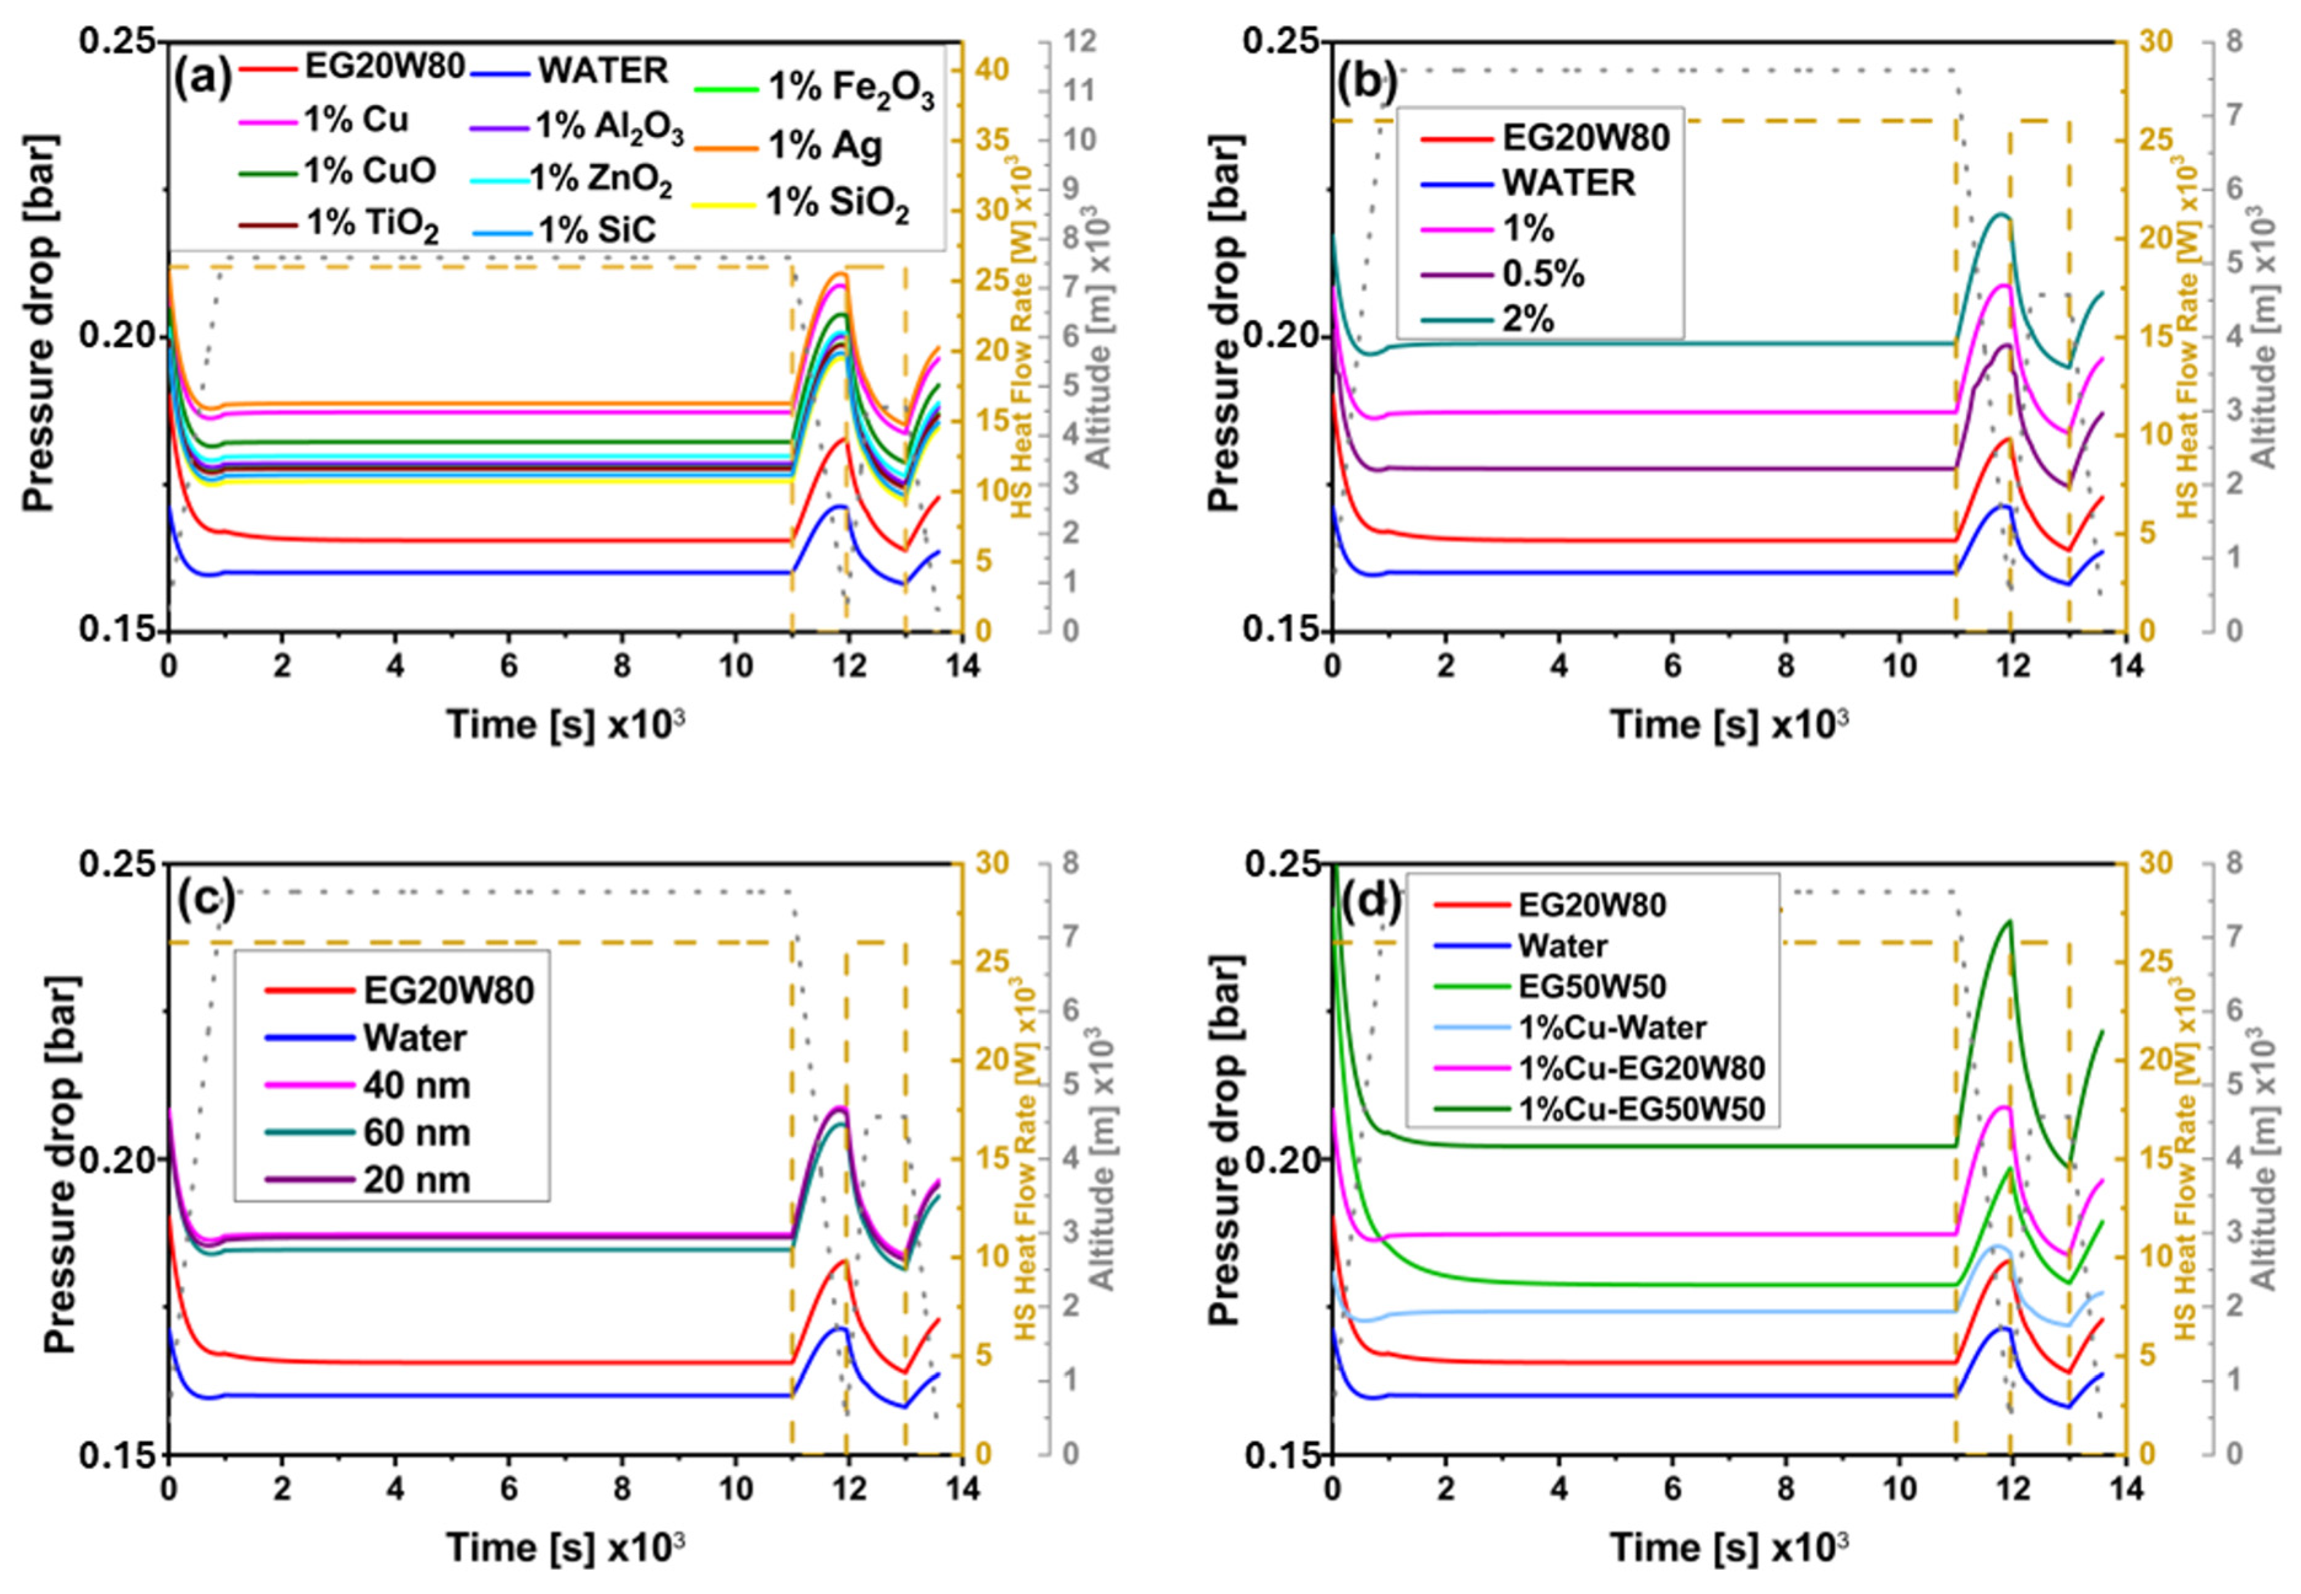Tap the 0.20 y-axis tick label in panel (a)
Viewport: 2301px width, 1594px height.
pos(117,337)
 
